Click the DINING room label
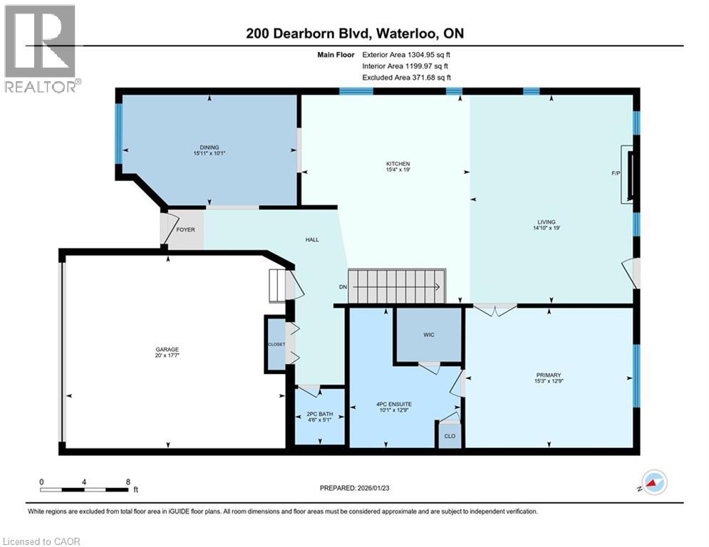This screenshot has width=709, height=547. [209, 147]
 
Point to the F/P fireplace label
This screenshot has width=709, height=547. [616, 173]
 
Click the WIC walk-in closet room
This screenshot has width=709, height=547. [429, 334]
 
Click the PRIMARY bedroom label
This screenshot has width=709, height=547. [549, 375]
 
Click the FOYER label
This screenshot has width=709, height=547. [185, 230]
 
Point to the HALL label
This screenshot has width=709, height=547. [312, 239]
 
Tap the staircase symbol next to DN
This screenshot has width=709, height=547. [395, 286]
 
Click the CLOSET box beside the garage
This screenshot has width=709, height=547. [276, 344]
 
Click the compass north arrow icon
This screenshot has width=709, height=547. [654, 483]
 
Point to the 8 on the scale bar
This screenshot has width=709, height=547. [128, 482]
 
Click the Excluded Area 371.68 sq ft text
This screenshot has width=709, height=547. [406, 78]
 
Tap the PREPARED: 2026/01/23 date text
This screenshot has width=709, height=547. [356, 488]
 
